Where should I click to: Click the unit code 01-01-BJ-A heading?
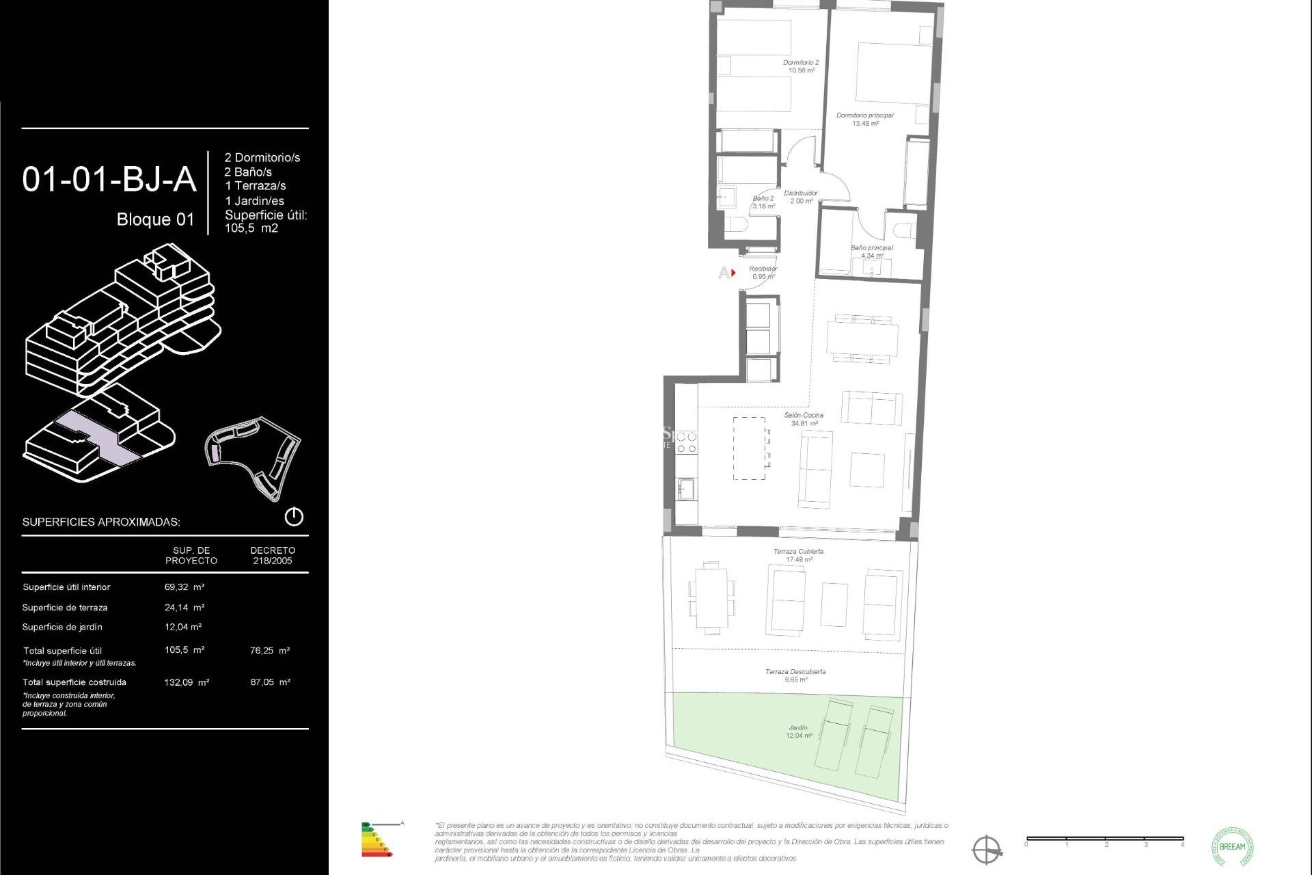(109, 180)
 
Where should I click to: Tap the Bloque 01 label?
(155, 219)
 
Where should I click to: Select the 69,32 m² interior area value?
(184, 587)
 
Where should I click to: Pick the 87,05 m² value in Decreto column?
(271, 682)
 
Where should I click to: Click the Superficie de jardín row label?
(62, 627)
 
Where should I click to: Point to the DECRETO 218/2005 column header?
(273, 555)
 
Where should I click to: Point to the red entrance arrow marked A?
(733, 273)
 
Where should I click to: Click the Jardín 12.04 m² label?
(798, 731)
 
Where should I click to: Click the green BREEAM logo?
(1232, 846)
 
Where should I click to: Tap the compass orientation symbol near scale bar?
(987, 850)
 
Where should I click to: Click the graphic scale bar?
(1104, 839)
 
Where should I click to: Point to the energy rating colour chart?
(376, 840)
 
